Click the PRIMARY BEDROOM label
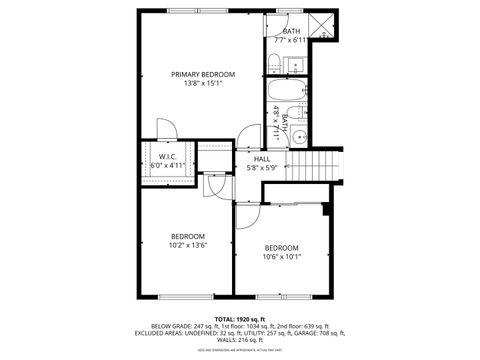click(x=202, y=74)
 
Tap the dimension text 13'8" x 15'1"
click(x=202, y=84)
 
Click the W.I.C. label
click(x=167, y=157)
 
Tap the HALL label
click(x=261, y=159)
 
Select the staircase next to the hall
click(x=314, y=160)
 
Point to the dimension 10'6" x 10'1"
click(x=282, y=256)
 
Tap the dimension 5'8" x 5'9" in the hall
click(x=261, y=168)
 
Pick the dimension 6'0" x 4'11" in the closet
click(x=167, y=166)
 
